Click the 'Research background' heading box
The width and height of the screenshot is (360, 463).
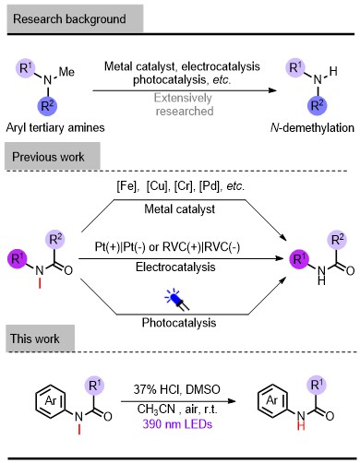(75, 18)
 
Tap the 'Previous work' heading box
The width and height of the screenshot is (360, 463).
(53, 156)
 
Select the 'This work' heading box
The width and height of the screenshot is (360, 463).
(40, 338)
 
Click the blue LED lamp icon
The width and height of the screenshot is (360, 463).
(177, 299)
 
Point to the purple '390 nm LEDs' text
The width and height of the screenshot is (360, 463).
(177, 424)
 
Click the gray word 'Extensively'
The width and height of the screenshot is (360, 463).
(183, 98)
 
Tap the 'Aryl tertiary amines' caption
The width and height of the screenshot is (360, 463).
(55, 127)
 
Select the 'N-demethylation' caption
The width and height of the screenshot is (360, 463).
(312, 127)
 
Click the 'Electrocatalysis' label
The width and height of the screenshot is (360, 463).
(175, 267)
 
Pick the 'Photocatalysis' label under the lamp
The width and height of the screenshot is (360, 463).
(179, 323)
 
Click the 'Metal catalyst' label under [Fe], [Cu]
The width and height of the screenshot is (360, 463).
(179, 209)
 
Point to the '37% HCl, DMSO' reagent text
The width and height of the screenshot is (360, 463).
(176, 389)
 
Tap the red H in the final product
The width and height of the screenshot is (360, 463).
(301, 426)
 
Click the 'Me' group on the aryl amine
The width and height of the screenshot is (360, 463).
(66, 72)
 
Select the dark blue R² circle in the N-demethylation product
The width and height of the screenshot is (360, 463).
(318, 105)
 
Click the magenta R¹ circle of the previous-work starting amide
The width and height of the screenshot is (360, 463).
(18, 259)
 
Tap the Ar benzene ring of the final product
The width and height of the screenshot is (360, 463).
(273, 400)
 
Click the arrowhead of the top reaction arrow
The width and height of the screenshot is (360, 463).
(272, 90)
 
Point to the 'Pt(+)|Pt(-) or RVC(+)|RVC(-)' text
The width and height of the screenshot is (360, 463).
(167, 247)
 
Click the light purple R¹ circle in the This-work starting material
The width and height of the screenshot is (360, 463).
(94, 386)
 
